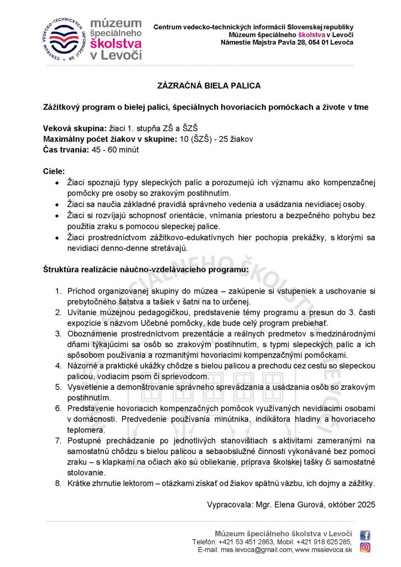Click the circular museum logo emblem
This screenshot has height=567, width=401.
coord(65,39)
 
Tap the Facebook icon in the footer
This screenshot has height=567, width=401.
coord(365,535)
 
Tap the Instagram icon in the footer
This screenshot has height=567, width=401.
coord(365,548)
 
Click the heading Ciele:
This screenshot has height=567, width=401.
coord(54,171)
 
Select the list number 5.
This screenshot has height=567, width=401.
coord(58,386)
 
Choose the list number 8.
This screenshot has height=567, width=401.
coord(58,483)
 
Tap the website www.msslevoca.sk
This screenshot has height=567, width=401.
coord(324,549)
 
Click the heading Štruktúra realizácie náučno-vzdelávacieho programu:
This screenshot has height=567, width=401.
coord(146,269)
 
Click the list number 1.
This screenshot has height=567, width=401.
coord(58,291)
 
